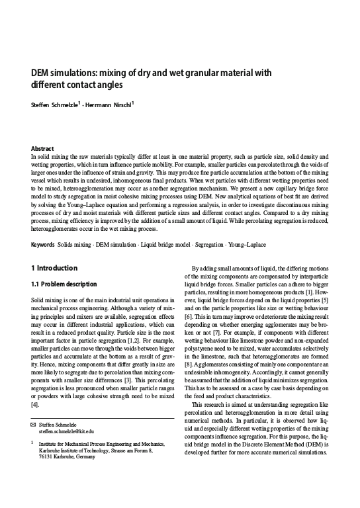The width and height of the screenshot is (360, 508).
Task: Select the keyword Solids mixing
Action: [74, 245]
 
